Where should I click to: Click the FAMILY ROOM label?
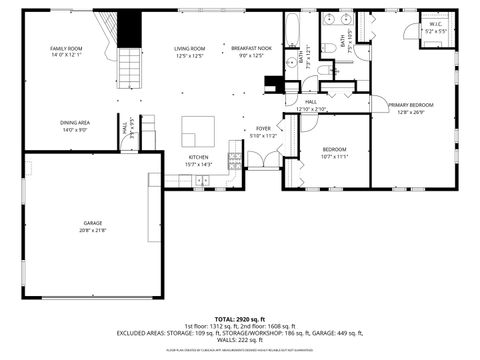67,48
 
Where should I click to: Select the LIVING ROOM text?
189,48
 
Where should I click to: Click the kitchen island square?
197,131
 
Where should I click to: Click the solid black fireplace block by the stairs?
130,29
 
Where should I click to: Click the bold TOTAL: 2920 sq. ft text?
240,318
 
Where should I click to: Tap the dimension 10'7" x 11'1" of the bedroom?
334,156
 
